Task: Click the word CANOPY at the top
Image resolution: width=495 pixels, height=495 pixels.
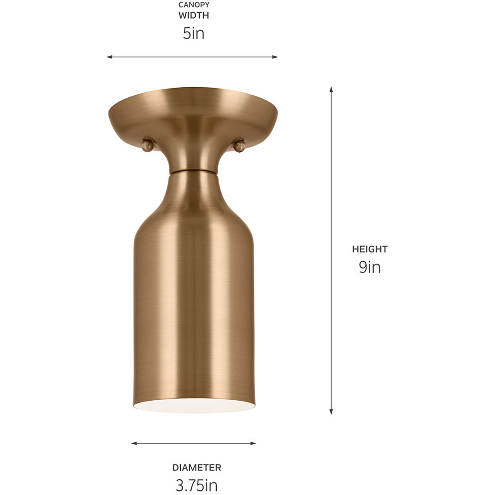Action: point(193,5)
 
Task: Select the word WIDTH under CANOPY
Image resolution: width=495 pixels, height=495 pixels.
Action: point(193,16)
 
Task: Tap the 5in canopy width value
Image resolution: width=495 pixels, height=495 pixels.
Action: point(193,33)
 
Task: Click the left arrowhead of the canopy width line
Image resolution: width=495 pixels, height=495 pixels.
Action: point(109,57)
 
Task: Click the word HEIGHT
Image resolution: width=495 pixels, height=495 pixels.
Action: point(370,249)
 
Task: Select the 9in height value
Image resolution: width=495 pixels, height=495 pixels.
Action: point(370,267)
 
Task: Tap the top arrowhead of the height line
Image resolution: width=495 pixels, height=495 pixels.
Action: point(331,89)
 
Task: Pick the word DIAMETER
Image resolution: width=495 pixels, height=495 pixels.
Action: point(196,468)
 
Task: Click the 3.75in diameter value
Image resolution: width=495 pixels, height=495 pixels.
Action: point(196,485)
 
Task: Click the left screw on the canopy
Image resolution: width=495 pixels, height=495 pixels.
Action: point(148,146)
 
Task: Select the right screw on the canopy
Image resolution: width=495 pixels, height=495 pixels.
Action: point(239,146)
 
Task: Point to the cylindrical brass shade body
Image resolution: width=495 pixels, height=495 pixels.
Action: point(193,294)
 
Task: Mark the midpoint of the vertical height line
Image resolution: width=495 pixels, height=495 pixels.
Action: point(331,251)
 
